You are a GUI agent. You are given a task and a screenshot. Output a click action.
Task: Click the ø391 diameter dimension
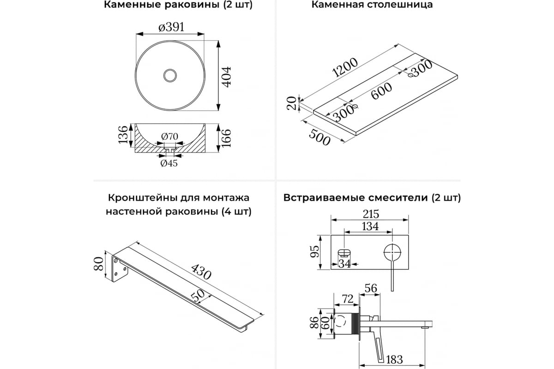coord(171,27)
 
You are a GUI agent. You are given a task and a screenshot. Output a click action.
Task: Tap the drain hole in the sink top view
coord(170,75)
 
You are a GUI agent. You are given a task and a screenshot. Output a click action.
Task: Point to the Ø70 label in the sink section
coord(170,137)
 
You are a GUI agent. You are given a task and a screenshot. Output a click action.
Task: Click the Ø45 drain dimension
coord(169,163)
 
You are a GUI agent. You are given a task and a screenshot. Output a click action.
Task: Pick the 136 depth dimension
coord(123,134)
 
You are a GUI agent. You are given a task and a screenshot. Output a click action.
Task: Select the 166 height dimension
coord(226,138)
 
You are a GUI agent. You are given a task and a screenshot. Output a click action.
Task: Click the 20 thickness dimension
coord(291,104)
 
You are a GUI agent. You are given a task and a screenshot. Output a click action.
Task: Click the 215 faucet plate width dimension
coord(370,214)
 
